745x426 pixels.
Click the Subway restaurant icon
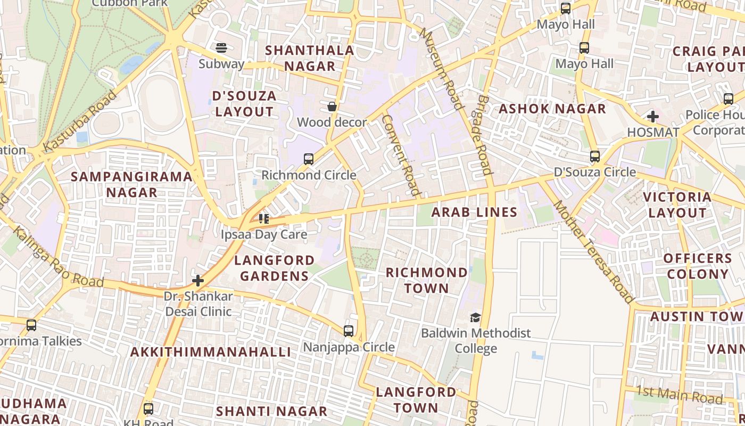coord(221,48)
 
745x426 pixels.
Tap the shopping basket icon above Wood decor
coord(332,106)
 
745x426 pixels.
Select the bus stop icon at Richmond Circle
coord(309,159)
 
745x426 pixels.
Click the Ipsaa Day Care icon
coord(264,218)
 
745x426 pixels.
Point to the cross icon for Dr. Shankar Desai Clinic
coord(198,280)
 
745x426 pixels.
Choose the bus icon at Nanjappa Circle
coord(349,331)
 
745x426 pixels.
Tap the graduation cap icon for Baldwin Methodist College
coord(475,317)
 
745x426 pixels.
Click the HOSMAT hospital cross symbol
coord(653,116)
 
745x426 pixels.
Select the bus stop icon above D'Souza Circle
coord(595,156)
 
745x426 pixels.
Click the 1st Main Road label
coord(680,395)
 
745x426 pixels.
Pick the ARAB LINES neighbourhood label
coord(474,212)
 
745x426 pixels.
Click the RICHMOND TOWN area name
coord(426,280)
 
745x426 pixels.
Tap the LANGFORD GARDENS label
coord(274,268)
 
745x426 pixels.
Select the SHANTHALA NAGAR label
coord(309,58)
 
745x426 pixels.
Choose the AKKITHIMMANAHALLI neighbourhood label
coord(211,352)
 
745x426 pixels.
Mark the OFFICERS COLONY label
coord(698,266)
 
